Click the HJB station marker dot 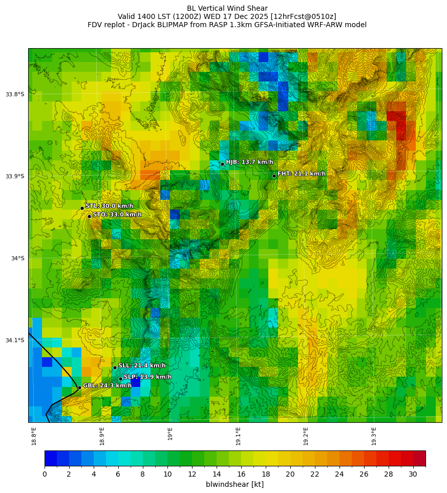click(222, 164)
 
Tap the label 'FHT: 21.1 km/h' click(302, 174)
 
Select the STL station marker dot click(82, 208)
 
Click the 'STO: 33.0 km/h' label click(117, 215)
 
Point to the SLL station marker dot click(115, 367)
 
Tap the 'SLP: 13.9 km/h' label click(147, 377)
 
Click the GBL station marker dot click(79, 387)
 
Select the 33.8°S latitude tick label click(15, 94)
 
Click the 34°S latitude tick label click(17, 258)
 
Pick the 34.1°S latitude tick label click(15, 340)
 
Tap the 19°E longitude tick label click(170, 434)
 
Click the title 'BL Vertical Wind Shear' click(227, 8)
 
